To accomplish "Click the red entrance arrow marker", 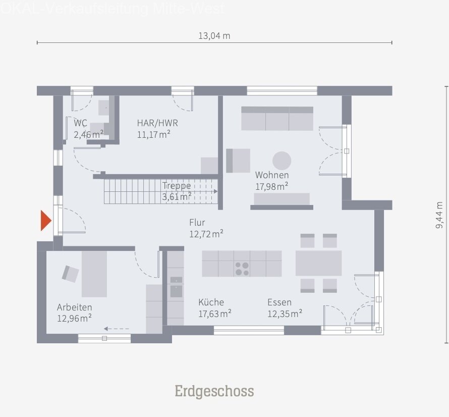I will [x=45, y=221].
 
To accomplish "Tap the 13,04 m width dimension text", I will [x=214, y=35].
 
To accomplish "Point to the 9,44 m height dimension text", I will [x=439, y=216].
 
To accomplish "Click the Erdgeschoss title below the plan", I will [x=214, y=391].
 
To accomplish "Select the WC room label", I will [x=80, y=123].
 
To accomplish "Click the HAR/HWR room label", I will [x=157, y=123].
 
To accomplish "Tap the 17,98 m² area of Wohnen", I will [x=271, y=186].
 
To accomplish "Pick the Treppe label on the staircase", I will [x=177, y=186].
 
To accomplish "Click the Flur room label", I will [x=197, y=222].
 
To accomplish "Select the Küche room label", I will [x=211, y=302].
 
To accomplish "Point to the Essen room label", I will [x=279, y=302].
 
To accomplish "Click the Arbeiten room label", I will [x=74, y=307].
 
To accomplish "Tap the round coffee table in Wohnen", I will [x=282, y=161].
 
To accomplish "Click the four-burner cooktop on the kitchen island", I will [x=242, y=268].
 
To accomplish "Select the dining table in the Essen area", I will [x=318, y=263].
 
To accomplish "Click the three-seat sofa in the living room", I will [x=277, y=119].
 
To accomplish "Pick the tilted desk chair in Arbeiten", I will [x=71, y=274].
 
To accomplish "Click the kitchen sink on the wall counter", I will [x=176, y=291].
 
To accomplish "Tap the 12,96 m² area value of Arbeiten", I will [x=74, y=318].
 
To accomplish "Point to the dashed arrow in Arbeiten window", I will [x=116, y=329].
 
